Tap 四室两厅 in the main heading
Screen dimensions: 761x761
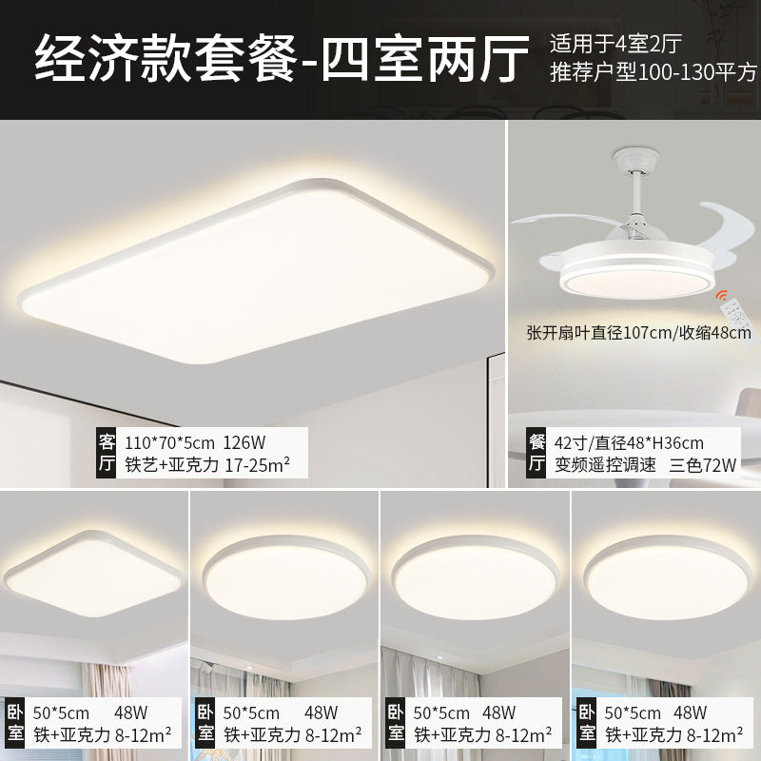pyautogui.click(x=425, y=59)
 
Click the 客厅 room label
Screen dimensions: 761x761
pyautogui.click(x=107, y=452)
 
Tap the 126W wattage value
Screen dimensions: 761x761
pyautogui.click(x=244, y=441)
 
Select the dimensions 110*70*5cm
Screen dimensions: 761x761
pyautogui.click(x=169, y=441)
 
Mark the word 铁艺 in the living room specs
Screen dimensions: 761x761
pyautogui.click(x=141, y=465)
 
